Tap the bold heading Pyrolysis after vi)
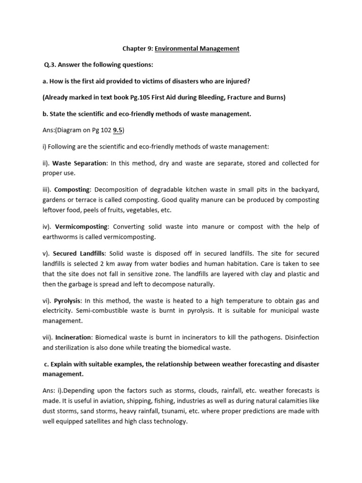[x=68, y=300]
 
